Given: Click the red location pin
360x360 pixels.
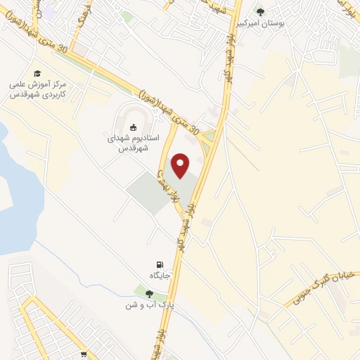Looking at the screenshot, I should coord(181,165).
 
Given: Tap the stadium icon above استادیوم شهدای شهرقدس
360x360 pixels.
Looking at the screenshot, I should coord(134,127).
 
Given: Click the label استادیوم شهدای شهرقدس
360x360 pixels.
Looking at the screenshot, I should coord(133,143).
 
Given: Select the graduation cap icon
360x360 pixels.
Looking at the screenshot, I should coord(37,73).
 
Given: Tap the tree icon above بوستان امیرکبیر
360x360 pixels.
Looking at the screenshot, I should coord(261,12).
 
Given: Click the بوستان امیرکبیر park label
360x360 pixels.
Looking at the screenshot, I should coord(281,23).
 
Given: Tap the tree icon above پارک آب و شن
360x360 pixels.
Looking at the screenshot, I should coord(148,295).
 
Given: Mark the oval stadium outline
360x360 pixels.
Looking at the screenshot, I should coord(128,112).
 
